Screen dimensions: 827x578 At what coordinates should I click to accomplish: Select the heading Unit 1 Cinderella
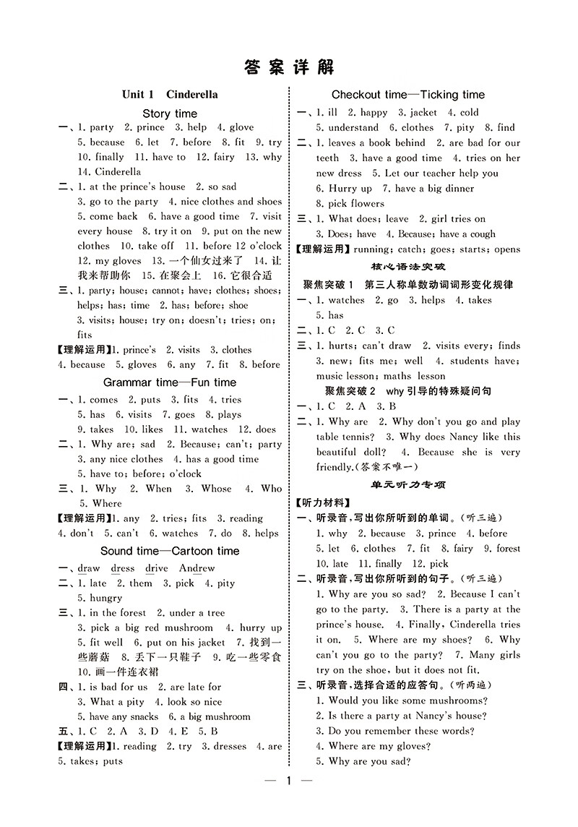tap(170, 94)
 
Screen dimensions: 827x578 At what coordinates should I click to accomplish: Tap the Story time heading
tap(170, 113)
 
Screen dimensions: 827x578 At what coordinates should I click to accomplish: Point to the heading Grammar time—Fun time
tap(170, 382)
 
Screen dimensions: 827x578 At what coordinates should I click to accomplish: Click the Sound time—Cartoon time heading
tap(170, 550)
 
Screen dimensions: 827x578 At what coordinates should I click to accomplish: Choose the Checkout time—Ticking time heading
tap(408, 95)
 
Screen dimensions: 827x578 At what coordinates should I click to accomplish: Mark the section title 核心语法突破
tap(408, 267)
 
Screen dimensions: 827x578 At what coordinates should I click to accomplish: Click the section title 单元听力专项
tap(408, 484)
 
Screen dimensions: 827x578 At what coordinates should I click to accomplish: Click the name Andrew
tap(197, 568)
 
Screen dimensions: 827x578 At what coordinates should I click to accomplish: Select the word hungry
tap(106, 598)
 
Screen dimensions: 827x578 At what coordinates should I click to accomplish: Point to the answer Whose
tap(216, 489)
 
